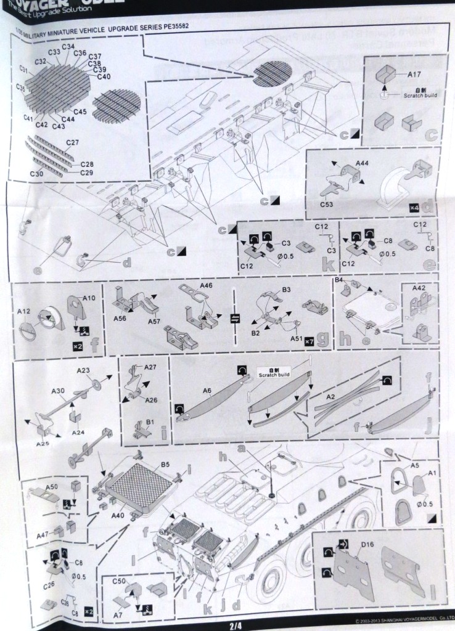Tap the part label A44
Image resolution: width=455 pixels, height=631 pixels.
click(x=364, y=164)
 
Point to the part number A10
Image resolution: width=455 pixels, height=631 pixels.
click(x=88, y=298)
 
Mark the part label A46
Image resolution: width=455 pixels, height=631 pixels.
click(x=207, y=286)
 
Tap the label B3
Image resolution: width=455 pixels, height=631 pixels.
click(x=286, y=289)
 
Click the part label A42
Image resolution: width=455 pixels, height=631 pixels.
click(x=419, y=288)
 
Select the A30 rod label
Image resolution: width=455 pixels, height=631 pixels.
click(x=57, y=391)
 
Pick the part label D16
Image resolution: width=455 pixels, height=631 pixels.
click(x=367, y=544)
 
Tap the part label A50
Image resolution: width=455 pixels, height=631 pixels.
click(x=52, y=487)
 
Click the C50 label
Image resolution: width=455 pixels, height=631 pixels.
click(x=119, y=580)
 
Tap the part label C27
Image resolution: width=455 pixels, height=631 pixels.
click(x=73, y=143)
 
